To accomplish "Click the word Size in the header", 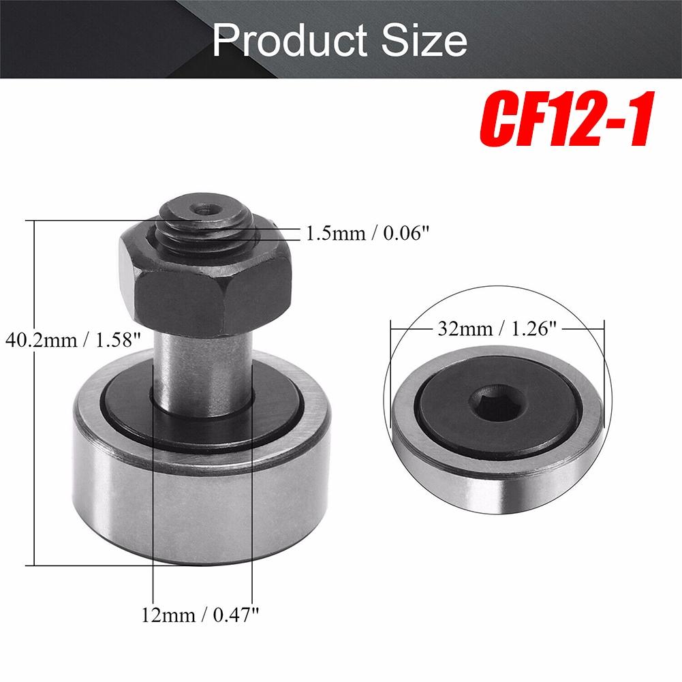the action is pos(424,40).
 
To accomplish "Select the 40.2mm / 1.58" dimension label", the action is pos(73,340).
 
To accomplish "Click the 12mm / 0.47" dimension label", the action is pos(200,615).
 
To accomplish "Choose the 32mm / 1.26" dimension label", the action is pos(497,328).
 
